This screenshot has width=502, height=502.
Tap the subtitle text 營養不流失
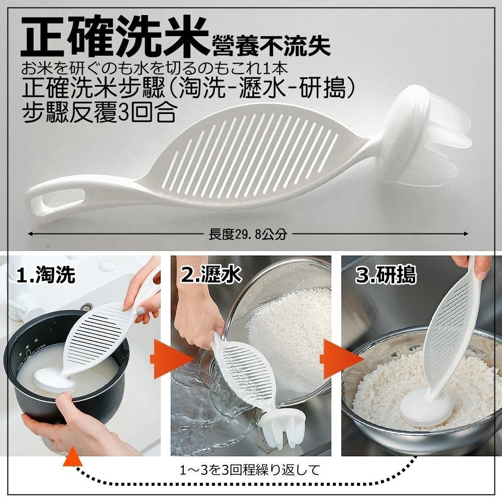270,46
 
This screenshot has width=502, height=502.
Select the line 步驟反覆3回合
99,112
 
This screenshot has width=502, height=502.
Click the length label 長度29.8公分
248,234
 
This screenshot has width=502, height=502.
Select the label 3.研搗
386,275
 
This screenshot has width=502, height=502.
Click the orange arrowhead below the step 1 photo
72,457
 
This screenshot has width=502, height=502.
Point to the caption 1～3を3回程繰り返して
250,470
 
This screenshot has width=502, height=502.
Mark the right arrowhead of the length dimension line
465,234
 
